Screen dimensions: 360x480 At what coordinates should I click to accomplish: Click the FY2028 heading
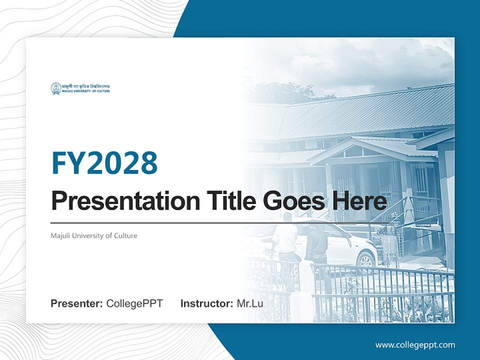click(104, 162)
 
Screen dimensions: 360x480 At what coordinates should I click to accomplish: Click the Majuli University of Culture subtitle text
click(94, 235)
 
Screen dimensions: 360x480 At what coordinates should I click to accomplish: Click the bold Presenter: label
click(77, 303)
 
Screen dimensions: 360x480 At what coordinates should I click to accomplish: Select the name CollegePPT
click(134, 303)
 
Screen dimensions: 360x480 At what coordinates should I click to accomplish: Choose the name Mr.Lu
click(250, 303)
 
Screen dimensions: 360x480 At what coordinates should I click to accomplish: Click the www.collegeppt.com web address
click(415, 345)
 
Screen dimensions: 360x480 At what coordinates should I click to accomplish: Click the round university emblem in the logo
click(55, 88)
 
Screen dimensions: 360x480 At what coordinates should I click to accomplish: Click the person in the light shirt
click(285, 245)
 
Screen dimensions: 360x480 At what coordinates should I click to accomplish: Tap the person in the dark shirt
click(317, 250)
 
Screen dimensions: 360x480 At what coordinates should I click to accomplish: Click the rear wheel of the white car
click(367, 260)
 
